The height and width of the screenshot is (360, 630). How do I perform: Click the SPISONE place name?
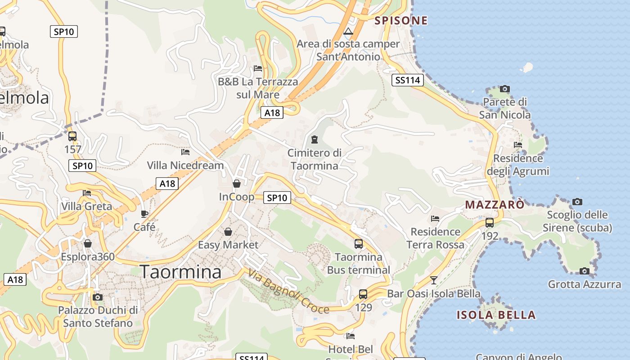(x=401, y=20)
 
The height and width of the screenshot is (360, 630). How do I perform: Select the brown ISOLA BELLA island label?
(x=496, y=315)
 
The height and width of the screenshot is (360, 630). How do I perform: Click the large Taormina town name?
(x=180, y=272)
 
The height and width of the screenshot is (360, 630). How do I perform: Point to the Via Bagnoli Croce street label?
(x=288, y=291)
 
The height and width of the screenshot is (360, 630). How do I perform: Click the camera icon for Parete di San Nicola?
(x=505, y=89)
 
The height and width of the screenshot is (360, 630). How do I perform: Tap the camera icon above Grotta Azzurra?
(x=585, y=271)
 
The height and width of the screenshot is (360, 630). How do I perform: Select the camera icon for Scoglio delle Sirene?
(x=577, y=202)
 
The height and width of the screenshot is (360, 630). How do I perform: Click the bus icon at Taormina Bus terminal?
(x=359, y=244)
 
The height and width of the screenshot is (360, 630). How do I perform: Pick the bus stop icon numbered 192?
(x=490, y=222)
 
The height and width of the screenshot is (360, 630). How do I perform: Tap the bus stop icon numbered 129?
(x=363, y=294)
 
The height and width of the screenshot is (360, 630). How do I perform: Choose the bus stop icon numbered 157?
(x=72, y=136)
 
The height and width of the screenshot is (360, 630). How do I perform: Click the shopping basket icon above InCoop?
(x=237, y=184)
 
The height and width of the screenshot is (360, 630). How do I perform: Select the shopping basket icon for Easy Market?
(x=228, y=232)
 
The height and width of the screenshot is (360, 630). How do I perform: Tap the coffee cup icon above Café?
(x=144, y=214)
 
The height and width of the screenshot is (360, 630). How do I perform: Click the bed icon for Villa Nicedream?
(x=185, y=152)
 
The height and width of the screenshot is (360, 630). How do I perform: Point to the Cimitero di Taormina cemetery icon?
(x=315, y=139)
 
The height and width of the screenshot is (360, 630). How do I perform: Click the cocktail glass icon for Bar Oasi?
(x=434, y=280)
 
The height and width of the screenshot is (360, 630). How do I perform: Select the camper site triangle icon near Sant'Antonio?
(x=348, y=31)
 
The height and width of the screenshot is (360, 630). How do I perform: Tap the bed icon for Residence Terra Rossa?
(x=435, y=219)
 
